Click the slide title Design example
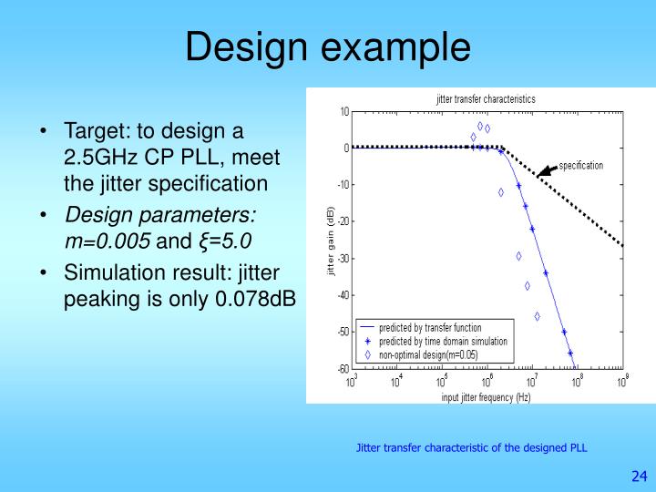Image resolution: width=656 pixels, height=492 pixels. click(x=328, y=46)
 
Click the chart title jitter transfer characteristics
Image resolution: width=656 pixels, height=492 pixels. click(x=486, y=98)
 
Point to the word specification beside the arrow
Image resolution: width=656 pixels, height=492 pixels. click(x=580, y=165)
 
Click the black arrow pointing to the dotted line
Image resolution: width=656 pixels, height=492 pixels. click(x=547, y=169)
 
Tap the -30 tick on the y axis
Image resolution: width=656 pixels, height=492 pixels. click(x=343, y=258)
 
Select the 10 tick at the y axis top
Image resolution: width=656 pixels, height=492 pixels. click(x=344, y=111)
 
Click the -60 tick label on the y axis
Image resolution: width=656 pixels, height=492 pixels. click(x=343, y=368)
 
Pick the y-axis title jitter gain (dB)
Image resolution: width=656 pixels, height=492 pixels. click(x=332, y=241)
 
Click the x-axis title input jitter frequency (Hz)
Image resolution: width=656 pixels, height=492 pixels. click(x=486, y=397)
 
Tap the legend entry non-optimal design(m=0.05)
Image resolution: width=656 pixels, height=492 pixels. click(x=427, y=354)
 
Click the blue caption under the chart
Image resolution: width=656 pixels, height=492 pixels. click(x=471, y=447)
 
